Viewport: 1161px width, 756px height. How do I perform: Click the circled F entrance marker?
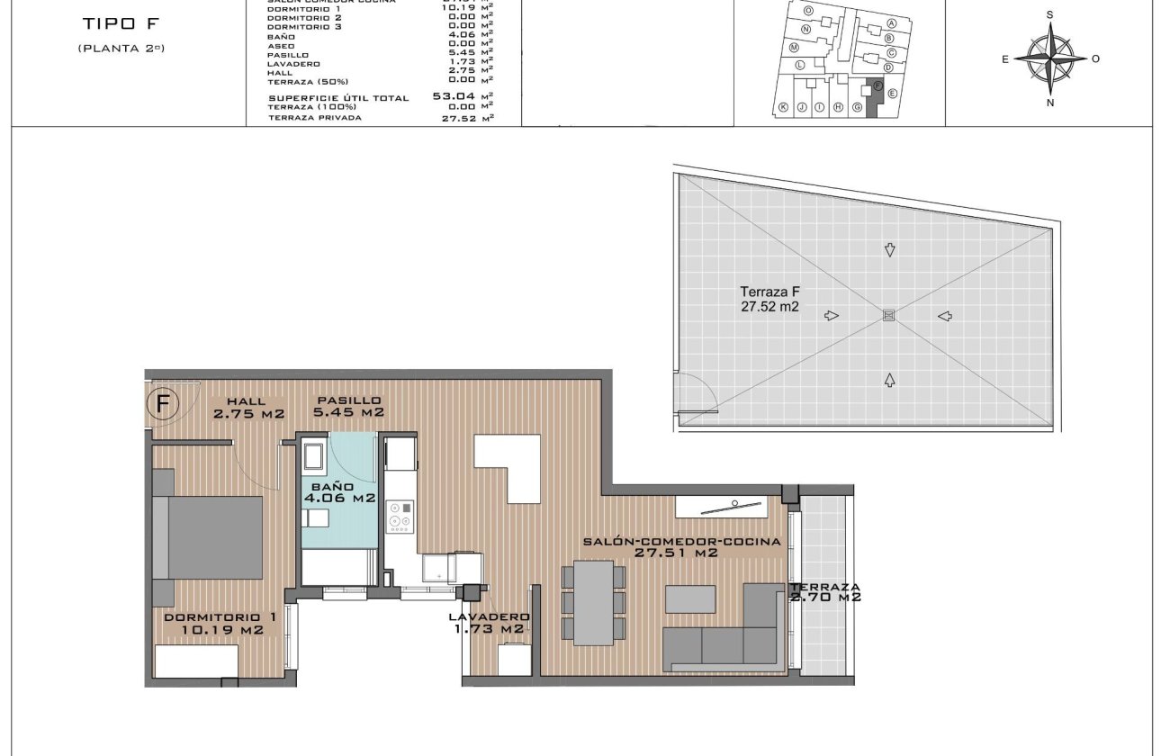click(x=163, y=404)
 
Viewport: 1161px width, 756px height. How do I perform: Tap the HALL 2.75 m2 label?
click(x=248, y=408)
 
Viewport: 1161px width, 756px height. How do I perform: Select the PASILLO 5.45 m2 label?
click(x=348, y=407)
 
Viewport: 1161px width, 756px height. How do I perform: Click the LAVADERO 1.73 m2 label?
click(x=487, y=623)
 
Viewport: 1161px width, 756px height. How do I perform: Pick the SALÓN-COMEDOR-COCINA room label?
click(x=680, y=547)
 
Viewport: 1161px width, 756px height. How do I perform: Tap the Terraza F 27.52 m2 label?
click(x=770, y=299)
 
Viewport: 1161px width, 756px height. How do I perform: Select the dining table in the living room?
click(x=593, y=602)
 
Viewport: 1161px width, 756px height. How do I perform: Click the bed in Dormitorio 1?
click(x=209, y=537)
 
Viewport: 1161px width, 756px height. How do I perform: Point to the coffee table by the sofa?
click(x=690, y=598)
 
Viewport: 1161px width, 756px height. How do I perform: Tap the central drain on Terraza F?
click(x=889, y=315)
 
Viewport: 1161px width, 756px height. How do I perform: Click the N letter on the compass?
click(x=1050, y=103)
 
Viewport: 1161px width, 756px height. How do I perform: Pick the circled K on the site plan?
click(x=783, y=107)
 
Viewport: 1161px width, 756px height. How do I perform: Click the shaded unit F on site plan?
click(x=872, y=99)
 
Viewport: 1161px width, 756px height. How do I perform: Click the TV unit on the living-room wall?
click(x=731, y=506)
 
